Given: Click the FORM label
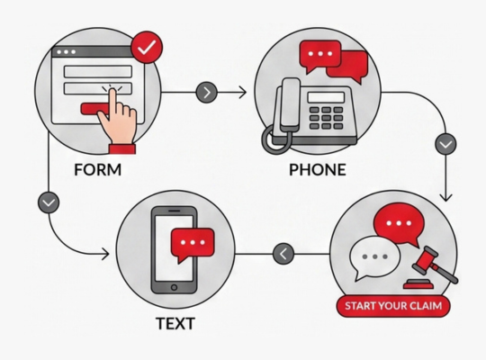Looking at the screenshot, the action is tap(97, 169).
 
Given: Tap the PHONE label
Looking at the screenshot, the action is tap(318, 169).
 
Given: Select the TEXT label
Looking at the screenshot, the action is tap(175, 323).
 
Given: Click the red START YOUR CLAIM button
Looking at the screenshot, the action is tap(393, 306).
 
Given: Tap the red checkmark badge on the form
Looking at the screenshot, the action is tap(147, 48).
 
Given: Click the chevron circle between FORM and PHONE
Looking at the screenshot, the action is tap(207, 92).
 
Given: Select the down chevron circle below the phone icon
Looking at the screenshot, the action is tap(445, 144).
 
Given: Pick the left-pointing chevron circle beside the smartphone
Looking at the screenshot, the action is tap(283, 254).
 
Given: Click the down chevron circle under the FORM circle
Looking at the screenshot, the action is tap(49, 202).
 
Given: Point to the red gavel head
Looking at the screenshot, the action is tap(424, 260).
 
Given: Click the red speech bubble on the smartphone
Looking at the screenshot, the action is tap(193, 244).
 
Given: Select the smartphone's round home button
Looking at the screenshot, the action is tap(174, 287).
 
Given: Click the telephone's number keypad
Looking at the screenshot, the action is tap(326, 118).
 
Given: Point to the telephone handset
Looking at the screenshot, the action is tap(289, 105).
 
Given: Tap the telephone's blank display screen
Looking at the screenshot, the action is tap(326, 97).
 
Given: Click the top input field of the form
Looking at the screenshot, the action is tap(97, 71).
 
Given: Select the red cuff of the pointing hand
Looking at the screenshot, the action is tap(122, 148).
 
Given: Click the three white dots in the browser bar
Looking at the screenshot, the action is tap(66, 52).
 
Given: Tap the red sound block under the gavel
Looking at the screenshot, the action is tap(418, 284).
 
